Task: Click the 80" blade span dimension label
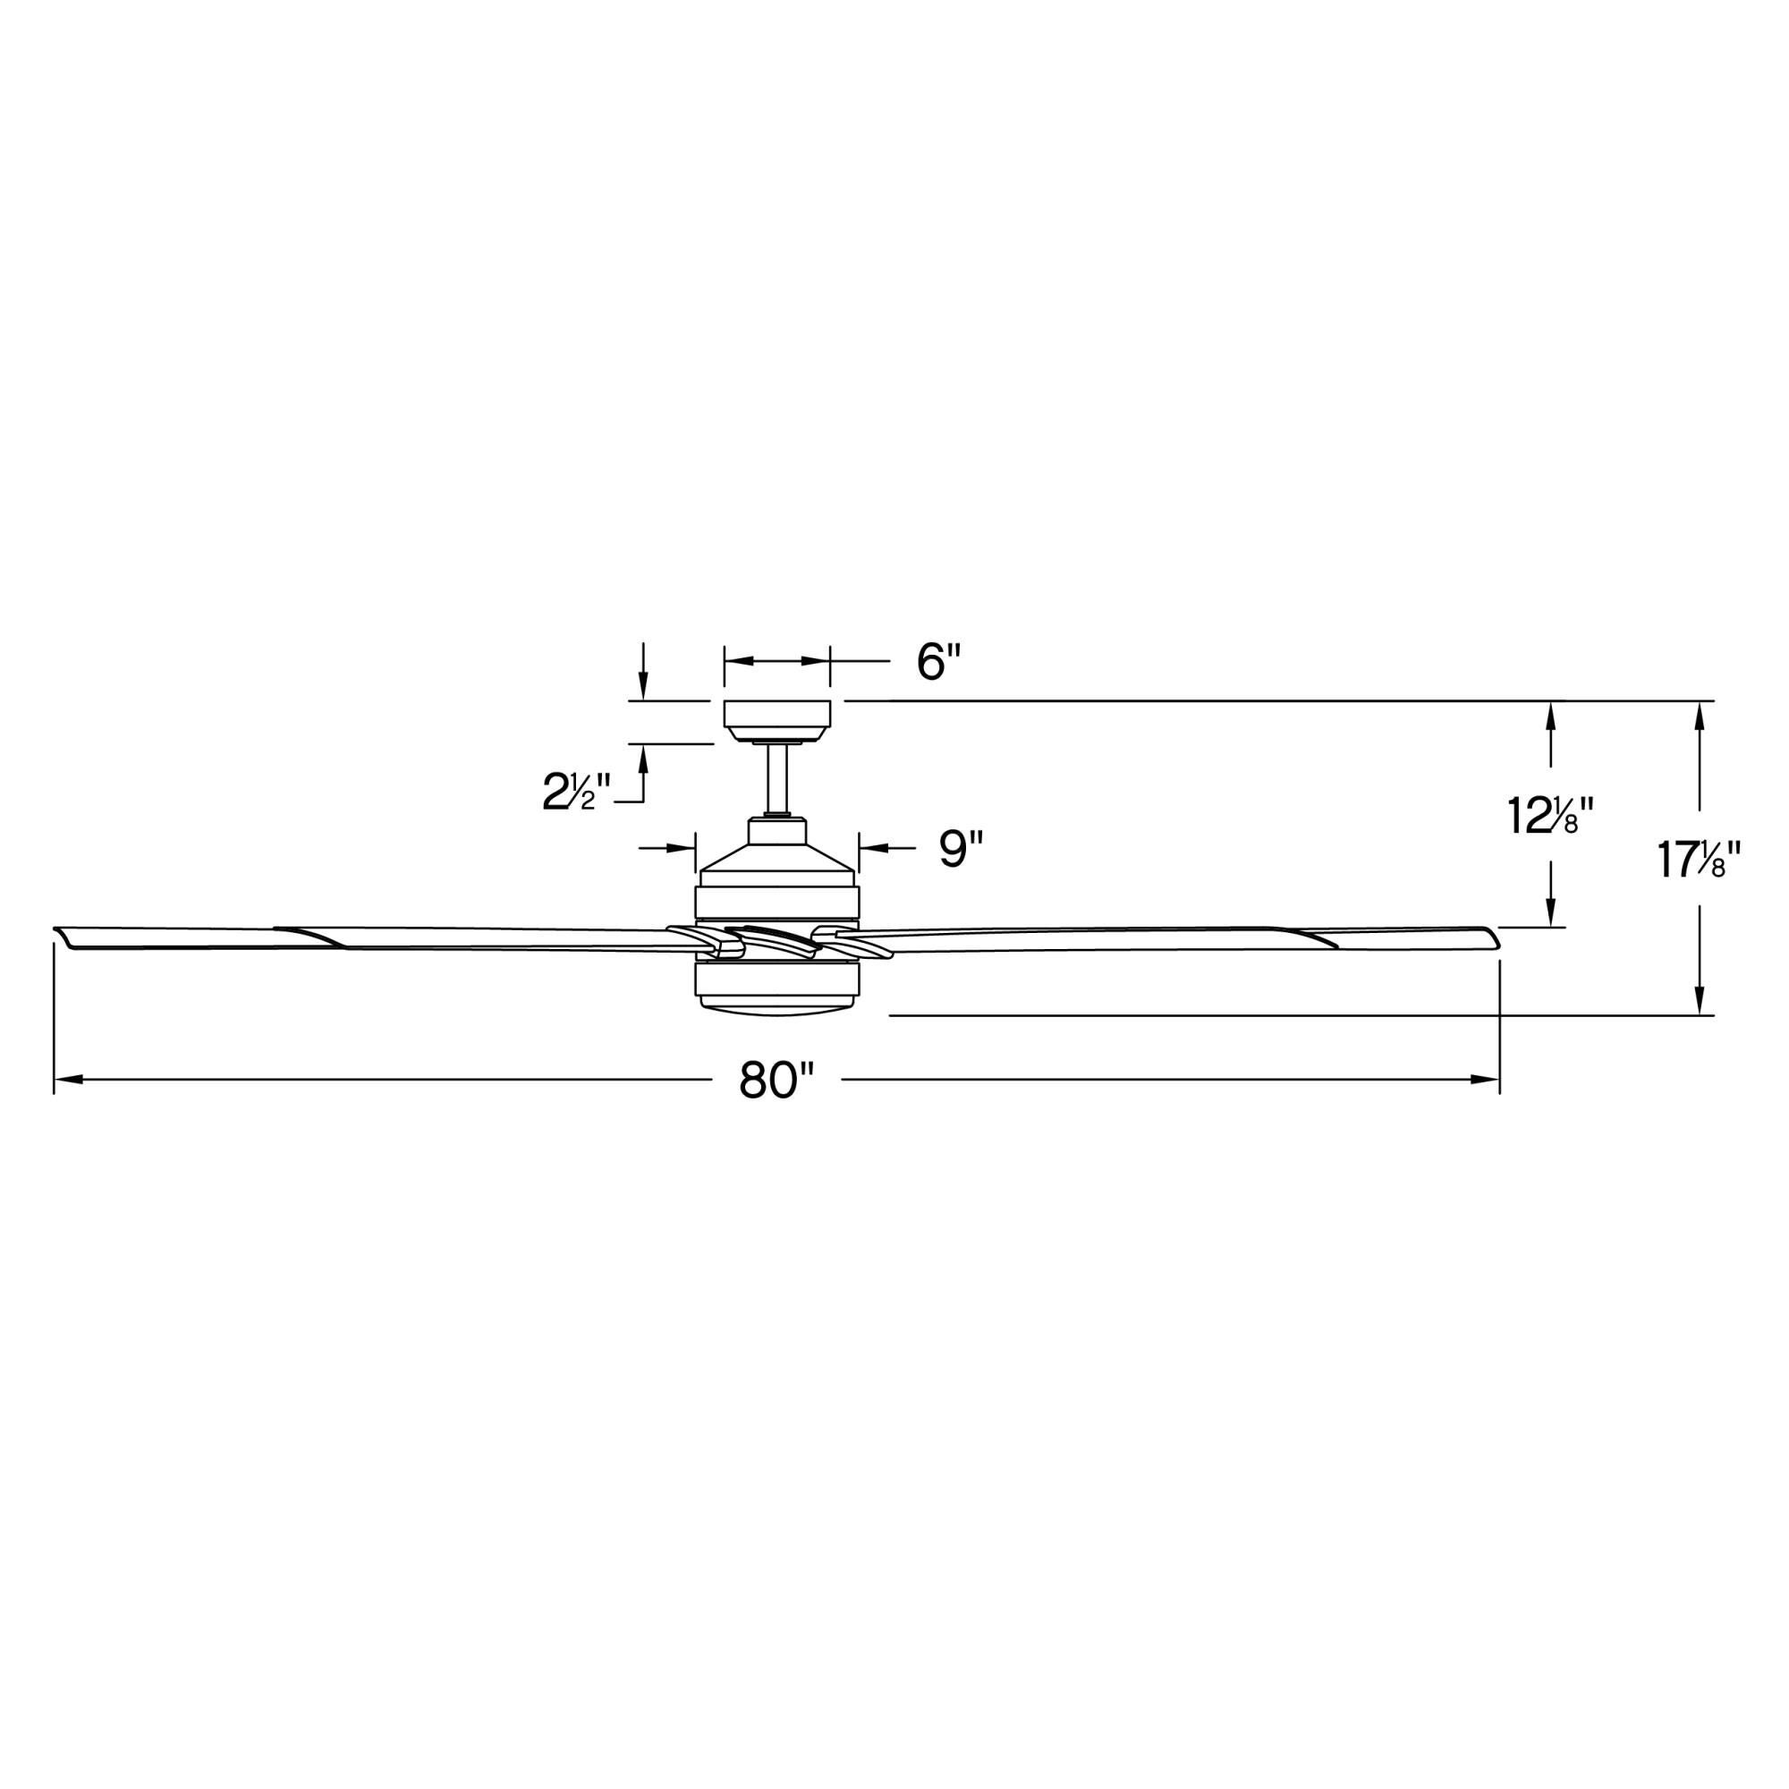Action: pyautogui.click(x=776, y=1080)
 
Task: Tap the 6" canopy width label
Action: pyautogui.click(x=939, y=662)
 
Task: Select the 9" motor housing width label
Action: pyautogui.click(x=960, y=848)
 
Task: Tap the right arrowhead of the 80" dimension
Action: pyautogui.click(x=1490, y=1080)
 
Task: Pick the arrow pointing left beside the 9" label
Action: pyautogui.click(x=868, y=848)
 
